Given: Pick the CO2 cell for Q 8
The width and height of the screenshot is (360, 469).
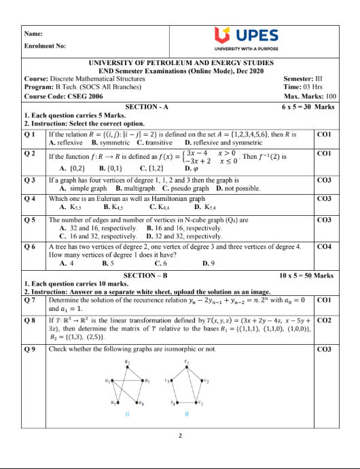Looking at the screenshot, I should [326, 319].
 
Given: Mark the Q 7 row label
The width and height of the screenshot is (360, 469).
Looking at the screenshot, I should [30, 299].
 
